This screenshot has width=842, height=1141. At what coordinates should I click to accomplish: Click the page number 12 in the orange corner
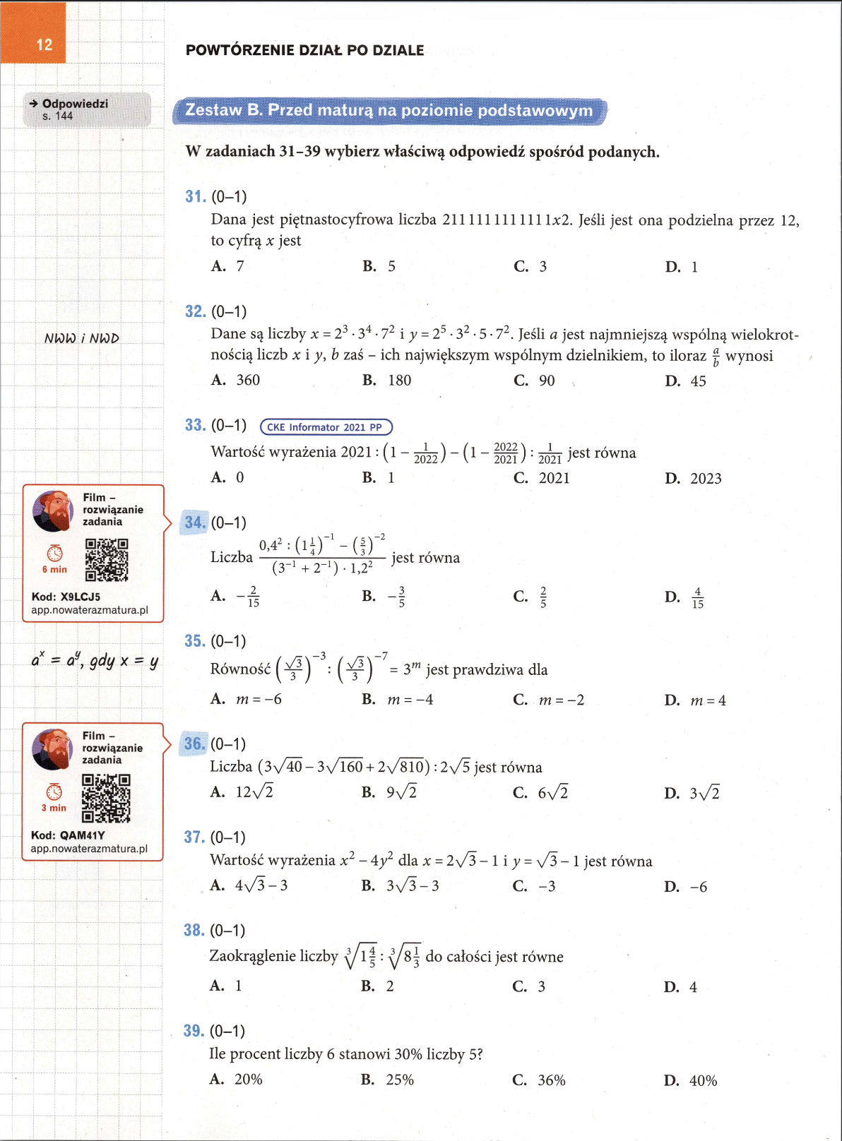click(x=44, y=44)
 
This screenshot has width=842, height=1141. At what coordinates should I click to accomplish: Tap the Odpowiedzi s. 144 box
click(x=86, y=109)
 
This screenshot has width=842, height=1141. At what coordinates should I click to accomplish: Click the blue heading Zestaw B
click(x=389, y=111)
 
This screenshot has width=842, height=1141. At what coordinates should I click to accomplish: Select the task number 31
click(x=195, y=196)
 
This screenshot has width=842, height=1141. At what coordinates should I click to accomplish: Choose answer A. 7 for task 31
click(x=228, y=266)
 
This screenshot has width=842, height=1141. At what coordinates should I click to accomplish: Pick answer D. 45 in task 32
click(x=685, y=381)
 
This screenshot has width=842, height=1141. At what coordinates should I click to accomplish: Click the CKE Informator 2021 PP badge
click(x=326, y=427)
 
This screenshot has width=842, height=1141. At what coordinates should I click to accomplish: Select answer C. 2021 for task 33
click(x=541, y=478)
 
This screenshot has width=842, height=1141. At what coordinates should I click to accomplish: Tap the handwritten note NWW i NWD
click(x=82, y=339)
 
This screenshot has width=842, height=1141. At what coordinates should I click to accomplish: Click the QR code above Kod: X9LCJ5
click(x=107, y=560)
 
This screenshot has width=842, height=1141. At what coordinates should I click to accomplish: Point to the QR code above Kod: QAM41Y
click(x=106, y=799)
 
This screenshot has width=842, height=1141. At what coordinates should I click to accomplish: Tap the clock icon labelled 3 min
click(x=54, y=791)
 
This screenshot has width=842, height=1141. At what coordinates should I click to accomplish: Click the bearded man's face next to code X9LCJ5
click(x=53, y=510)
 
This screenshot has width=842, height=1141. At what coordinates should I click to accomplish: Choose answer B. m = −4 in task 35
click(x=398, y=700)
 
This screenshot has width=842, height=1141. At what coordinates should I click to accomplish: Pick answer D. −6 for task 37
click(x=685, y=887)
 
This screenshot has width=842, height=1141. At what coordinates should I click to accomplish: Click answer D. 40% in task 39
click(x=690, y=1080)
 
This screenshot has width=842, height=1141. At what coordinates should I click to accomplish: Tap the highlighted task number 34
click(x=194, y=522)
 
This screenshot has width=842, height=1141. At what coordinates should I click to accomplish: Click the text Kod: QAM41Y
click(x=68, y=835)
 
